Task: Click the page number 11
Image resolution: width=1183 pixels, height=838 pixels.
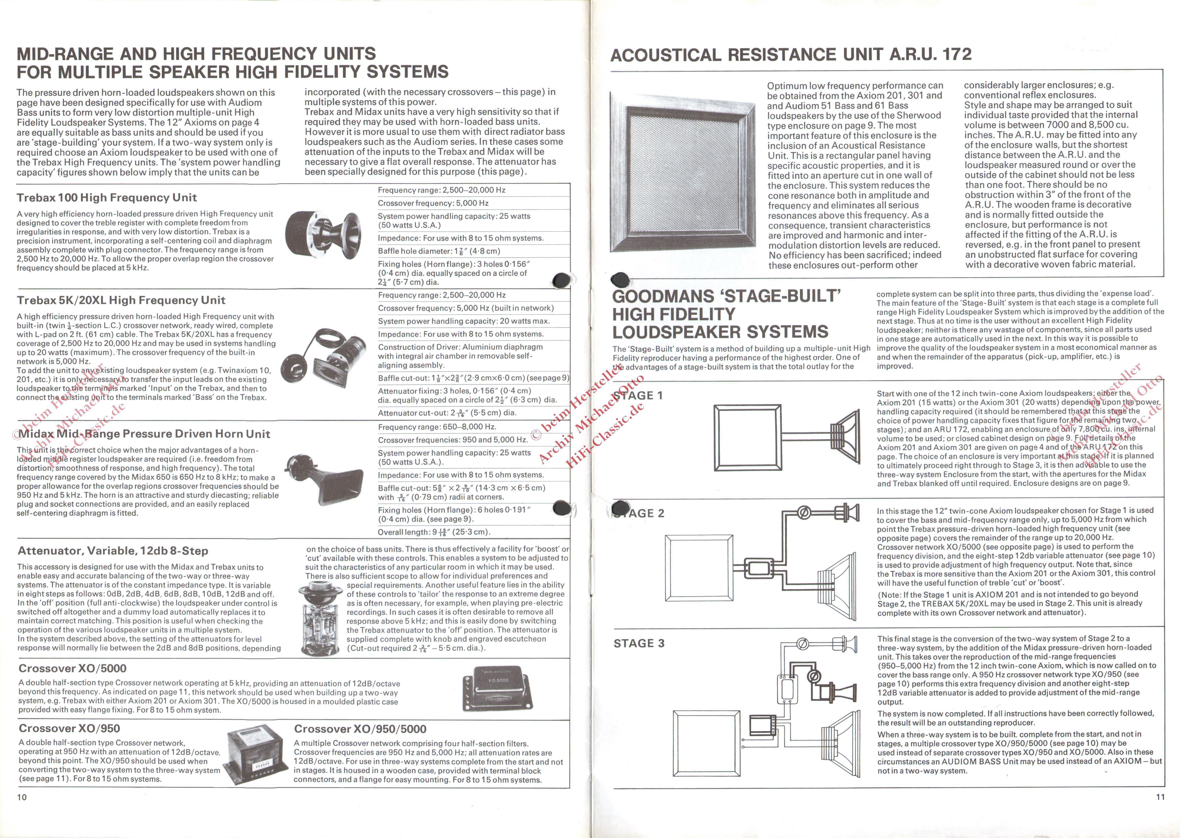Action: click(x=1160, y=797)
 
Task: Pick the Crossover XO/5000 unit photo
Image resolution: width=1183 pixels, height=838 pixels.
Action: click(x=496, y=688)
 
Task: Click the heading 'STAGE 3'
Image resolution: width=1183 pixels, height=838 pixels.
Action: click(x=639, y=644)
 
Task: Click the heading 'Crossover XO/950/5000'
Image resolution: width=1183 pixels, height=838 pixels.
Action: click(x=360, y=729)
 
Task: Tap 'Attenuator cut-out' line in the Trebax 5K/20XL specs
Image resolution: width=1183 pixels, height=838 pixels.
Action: click(x=447, y=413)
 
